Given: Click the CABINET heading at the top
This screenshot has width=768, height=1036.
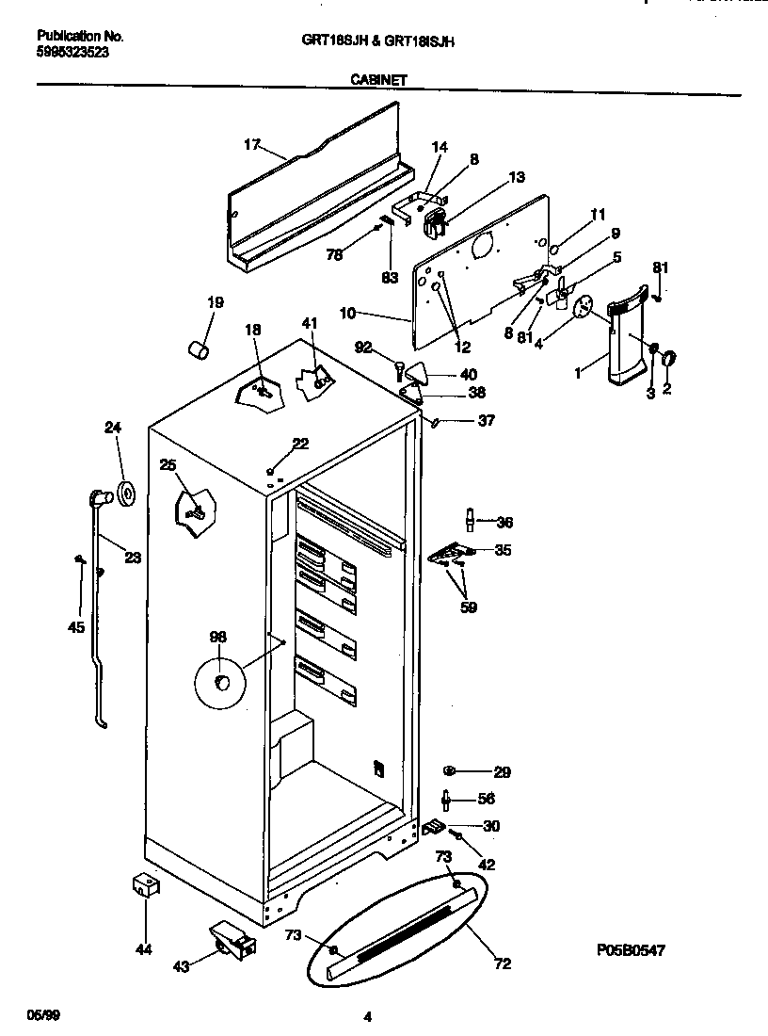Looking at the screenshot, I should point(379,80).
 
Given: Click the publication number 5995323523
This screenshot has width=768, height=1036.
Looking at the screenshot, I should point(72,53).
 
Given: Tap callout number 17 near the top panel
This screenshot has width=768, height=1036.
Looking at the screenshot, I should point(251,144).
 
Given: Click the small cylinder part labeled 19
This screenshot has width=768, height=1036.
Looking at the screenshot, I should point(199,350).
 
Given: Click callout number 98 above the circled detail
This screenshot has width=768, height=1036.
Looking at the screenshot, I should point(217,638).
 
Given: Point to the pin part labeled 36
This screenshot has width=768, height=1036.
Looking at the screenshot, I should point(468,521).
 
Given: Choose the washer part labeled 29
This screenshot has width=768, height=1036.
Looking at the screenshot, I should point(450,771).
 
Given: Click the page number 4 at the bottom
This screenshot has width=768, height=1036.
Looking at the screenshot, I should point(368,1015).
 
